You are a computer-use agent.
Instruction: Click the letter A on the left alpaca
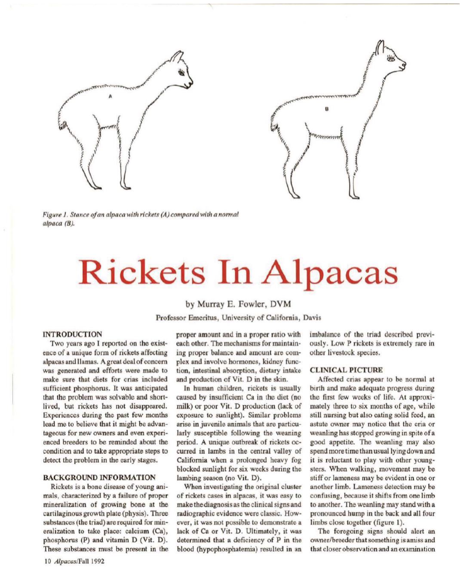(110, 96)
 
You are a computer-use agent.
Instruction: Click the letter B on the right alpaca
(326, 109)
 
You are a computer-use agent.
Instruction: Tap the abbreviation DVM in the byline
(281, 304)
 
